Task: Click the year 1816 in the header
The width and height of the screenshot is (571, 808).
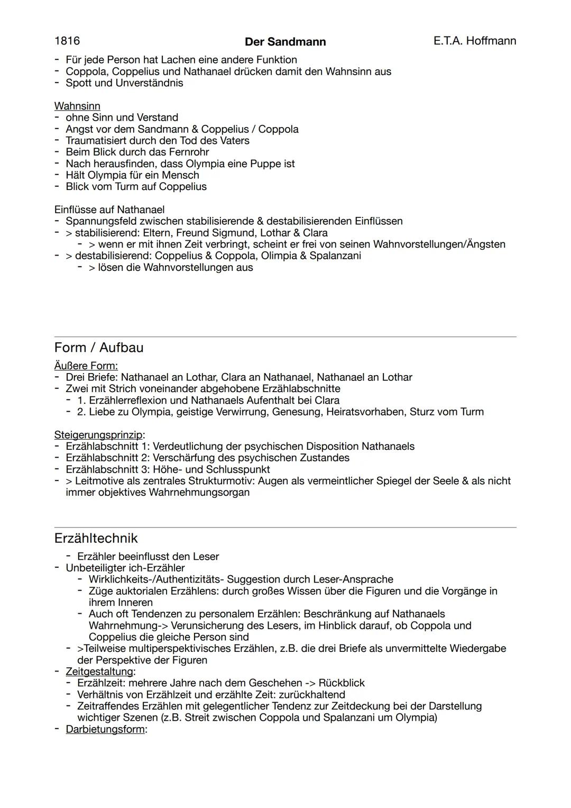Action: click(x=67, y=41)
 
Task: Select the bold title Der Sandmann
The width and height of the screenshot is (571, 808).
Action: click(x=285, y=42)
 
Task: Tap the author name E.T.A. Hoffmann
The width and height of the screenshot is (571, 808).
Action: click(x=474, y=41)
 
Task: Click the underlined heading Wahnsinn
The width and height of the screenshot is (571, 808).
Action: click(x=77, y=106)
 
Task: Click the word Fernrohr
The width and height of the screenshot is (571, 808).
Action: click(x=189, y=152)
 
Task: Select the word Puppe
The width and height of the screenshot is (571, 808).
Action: click(x=267, y=164)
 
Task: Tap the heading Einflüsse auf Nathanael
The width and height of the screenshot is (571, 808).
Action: click(x=109, y=210)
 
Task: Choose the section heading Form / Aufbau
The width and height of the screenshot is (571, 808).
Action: click(x=99, y=348)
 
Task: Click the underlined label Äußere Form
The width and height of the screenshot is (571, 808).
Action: click(x=86, y=366)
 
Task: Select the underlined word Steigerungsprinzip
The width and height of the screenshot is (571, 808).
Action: click(x=99, y=435)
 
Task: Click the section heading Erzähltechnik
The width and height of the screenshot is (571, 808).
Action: click(x=96, y=538)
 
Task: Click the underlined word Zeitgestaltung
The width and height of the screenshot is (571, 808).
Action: click(x=99, y=671)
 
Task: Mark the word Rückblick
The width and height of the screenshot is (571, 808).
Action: click(x=342, y=683)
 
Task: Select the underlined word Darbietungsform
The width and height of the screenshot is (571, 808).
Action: click(x=105, y=729)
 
